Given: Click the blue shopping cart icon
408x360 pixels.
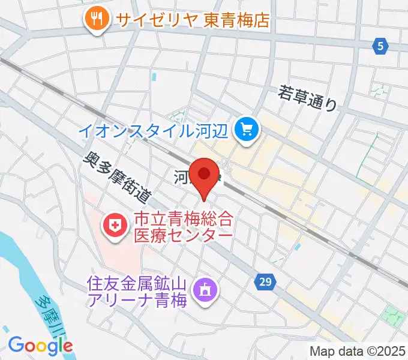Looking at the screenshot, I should click(x=246, y=128).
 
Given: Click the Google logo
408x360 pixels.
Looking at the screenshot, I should click(x=40, y=345).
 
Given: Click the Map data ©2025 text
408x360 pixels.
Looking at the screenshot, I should click(x=358, y=351).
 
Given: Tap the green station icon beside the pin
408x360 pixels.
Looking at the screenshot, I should click(x=220, y=177).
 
